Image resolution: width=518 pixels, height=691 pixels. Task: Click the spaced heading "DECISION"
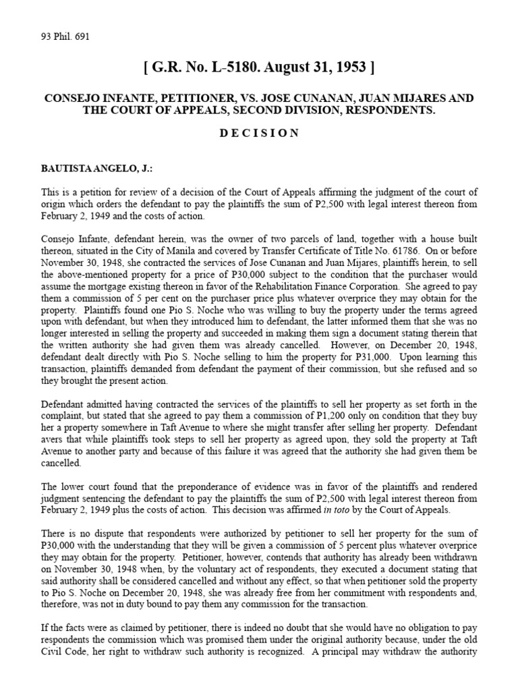259,133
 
